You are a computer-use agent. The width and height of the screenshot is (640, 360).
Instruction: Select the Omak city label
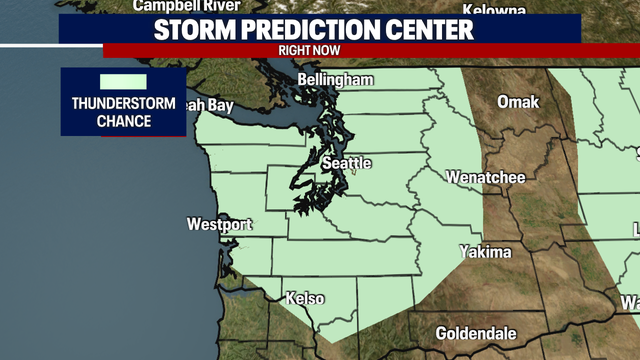pos(519,102)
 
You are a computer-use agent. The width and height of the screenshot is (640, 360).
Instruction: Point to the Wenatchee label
pos(485,177)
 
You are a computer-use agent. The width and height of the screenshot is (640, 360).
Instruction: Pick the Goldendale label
pos(476,333)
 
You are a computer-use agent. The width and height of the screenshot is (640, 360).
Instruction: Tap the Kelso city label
pos(305,298)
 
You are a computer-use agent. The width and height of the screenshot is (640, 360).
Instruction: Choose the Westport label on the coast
pos(219,224)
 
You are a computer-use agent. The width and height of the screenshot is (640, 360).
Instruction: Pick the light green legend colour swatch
pos(123,81)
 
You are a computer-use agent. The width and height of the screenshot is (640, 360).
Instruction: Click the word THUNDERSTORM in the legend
pos(123,103)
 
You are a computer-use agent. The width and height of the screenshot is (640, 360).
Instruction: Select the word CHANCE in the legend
pos(123,121)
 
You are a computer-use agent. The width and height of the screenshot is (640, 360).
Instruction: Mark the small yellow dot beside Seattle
pos(353,172)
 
